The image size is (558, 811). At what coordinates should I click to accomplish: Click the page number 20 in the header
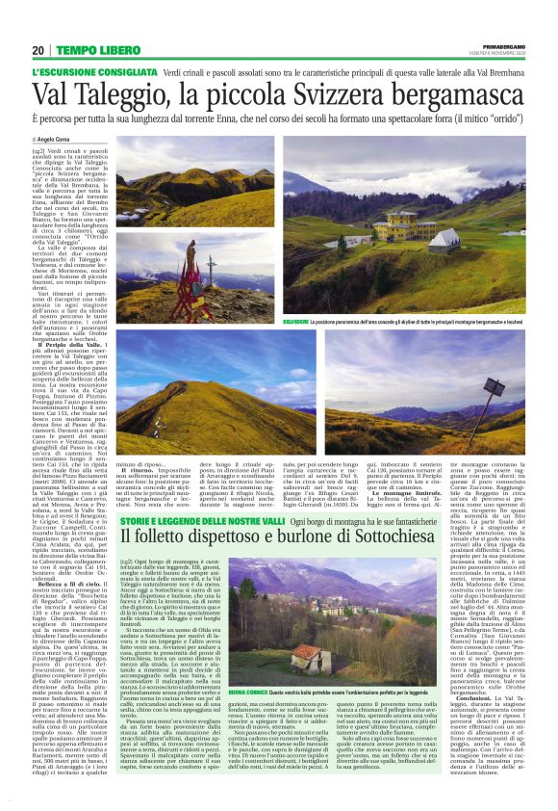pyautogui.click(x=38, y=50)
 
